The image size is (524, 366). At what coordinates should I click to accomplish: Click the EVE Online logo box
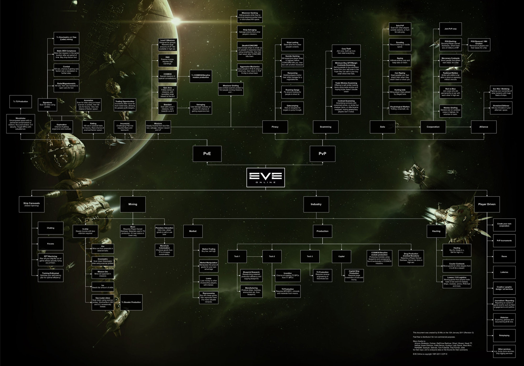pos(265,177)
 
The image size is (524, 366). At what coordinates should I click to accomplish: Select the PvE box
pos(207,154)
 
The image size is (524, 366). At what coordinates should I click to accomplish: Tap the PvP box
pos(322,154)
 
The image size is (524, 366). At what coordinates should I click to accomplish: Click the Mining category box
pos(133,204)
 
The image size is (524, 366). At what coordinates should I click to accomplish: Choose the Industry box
pos(316,204)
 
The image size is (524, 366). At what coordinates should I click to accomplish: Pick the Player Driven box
pos(487,204)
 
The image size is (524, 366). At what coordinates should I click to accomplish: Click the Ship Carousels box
pos(32,204)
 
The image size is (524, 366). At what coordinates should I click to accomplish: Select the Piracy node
pos(275,127)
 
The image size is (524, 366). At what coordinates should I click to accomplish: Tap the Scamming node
pos(326,127)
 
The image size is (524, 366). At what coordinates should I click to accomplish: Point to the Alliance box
pos(484,127)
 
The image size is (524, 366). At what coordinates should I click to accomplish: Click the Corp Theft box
pos(346,51)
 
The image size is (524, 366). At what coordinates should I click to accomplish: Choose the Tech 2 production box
pos(272,256)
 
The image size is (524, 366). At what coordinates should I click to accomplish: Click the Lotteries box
pos(504,272)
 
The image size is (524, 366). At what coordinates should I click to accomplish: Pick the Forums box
pos(51,244)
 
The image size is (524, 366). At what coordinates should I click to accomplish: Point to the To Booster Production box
pos(131,302)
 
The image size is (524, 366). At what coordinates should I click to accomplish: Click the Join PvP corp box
pos(450,29)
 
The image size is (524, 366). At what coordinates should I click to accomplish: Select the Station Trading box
pos(209,250)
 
